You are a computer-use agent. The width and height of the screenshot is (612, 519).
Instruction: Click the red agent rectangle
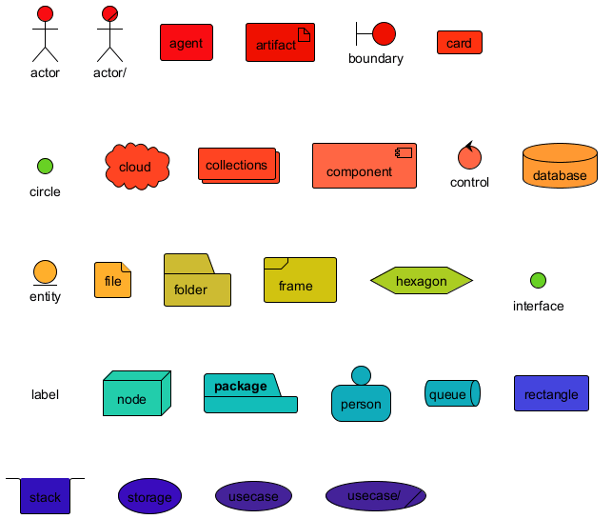(x=186, y=43)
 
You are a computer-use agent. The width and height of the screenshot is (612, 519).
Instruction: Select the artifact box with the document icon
(x=280, y=43)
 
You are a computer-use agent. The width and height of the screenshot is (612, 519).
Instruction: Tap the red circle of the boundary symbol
(x=384, y=34)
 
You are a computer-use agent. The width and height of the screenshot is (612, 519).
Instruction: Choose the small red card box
(x=459, y=43)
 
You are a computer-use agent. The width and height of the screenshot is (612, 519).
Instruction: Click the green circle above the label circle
(x=45, y=167)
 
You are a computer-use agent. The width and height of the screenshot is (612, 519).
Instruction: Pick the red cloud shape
(x=136, y=167)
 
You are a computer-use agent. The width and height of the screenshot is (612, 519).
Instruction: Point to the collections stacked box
(x=237, y=165)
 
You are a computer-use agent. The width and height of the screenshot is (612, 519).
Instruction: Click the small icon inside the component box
(x=405, y=152)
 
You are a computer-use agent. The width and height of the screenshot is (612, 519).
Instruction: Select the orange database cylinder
(x=560, y=166)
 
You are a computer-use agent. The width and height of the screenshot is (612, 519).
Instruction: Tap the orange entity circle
(x=45, y=272)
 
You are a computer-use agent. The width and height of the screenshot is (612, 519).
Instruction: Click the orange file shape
(x=112, y=280)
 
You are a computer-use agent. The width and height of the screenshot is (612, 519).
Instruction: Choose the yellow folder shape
(x=196, y=280)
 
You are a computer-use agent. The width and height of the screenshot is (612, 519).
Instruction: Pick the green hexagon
(x=421, y=280)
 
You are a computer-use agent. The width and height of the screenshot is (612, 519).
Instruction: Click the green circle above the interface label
(x=538, y=280)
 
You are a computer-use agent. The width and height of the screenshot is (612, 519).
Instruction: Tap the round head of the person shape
(x=361, y=375)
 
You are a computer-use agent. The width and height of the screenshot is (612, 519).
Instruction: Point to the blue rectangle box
(x=551, y=393)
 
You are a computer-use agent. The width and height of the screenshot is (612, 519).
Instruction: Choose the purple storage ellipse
(x=149, y=496)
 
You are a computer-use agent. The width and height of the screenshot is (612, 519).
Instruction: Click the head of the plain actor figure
(x=45, y=13)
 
